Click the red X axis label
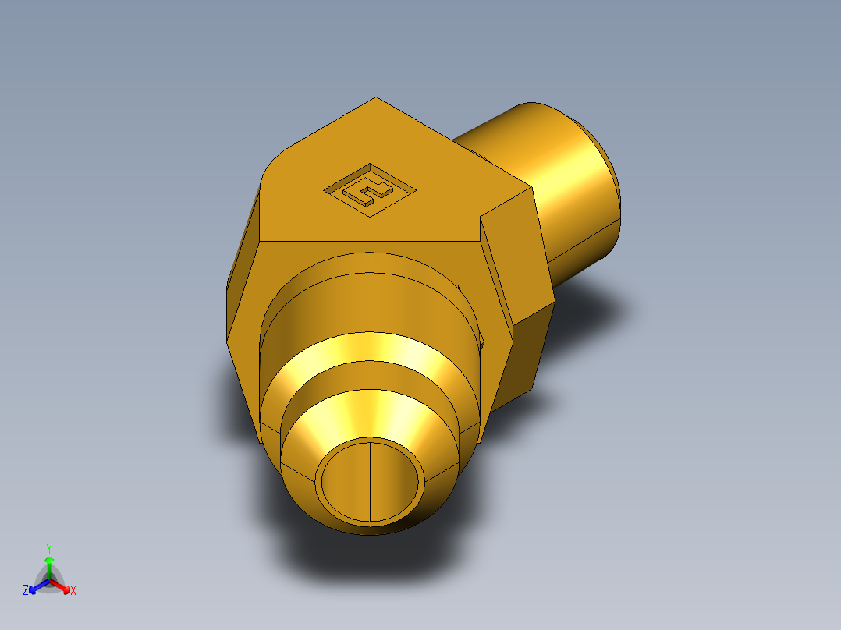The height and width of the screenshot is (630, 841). coord(73,591)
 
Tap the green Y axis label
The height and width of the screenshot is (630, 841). coord(48,548)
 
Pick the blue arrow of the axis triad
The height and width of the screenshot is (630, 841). coord(34,588)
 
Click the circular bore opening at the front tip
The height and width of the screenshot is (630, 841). coord(370,480)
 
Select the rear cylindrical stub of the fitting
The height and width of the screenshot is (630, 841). coord(573,187)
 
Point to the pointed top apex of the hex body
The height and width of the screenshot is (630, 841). coord(376,99)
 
